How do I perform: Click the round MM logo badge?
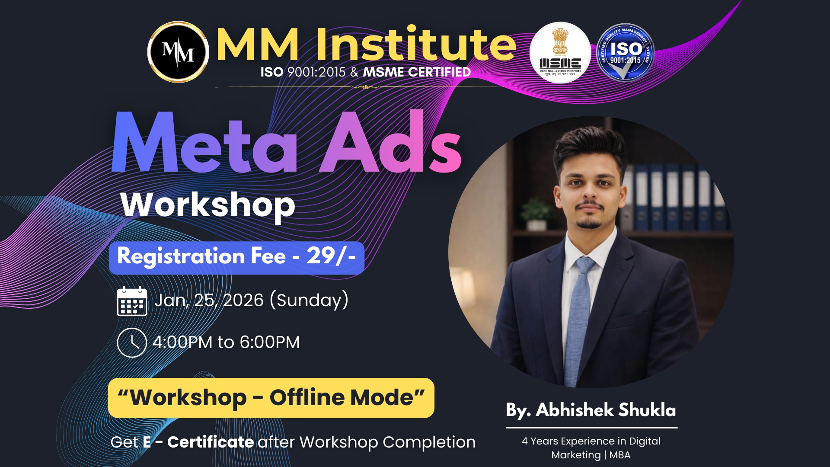tap(178, 52)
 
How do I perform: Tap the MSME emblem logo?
tap(560, 53)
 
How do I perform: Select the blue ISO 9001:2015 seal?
tap(625, 53)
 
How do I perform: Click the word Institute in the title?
tap(416, 44)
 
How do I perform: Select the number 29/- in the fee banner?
tap(331, 256)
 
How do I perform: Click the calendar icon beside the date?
tap(132, 301)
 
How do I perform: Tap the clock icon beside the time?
tap(132, 342)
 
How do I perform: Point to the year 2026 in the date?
tap(243, 301)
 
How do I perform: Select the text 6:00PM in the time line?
tap(270, 342)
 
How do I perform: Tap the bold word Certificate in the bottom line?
tap(210, 442)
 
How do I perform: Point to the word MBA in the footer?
tap(620, 455)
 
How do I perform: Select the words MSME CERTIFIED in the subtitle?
tap(417, 72)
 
